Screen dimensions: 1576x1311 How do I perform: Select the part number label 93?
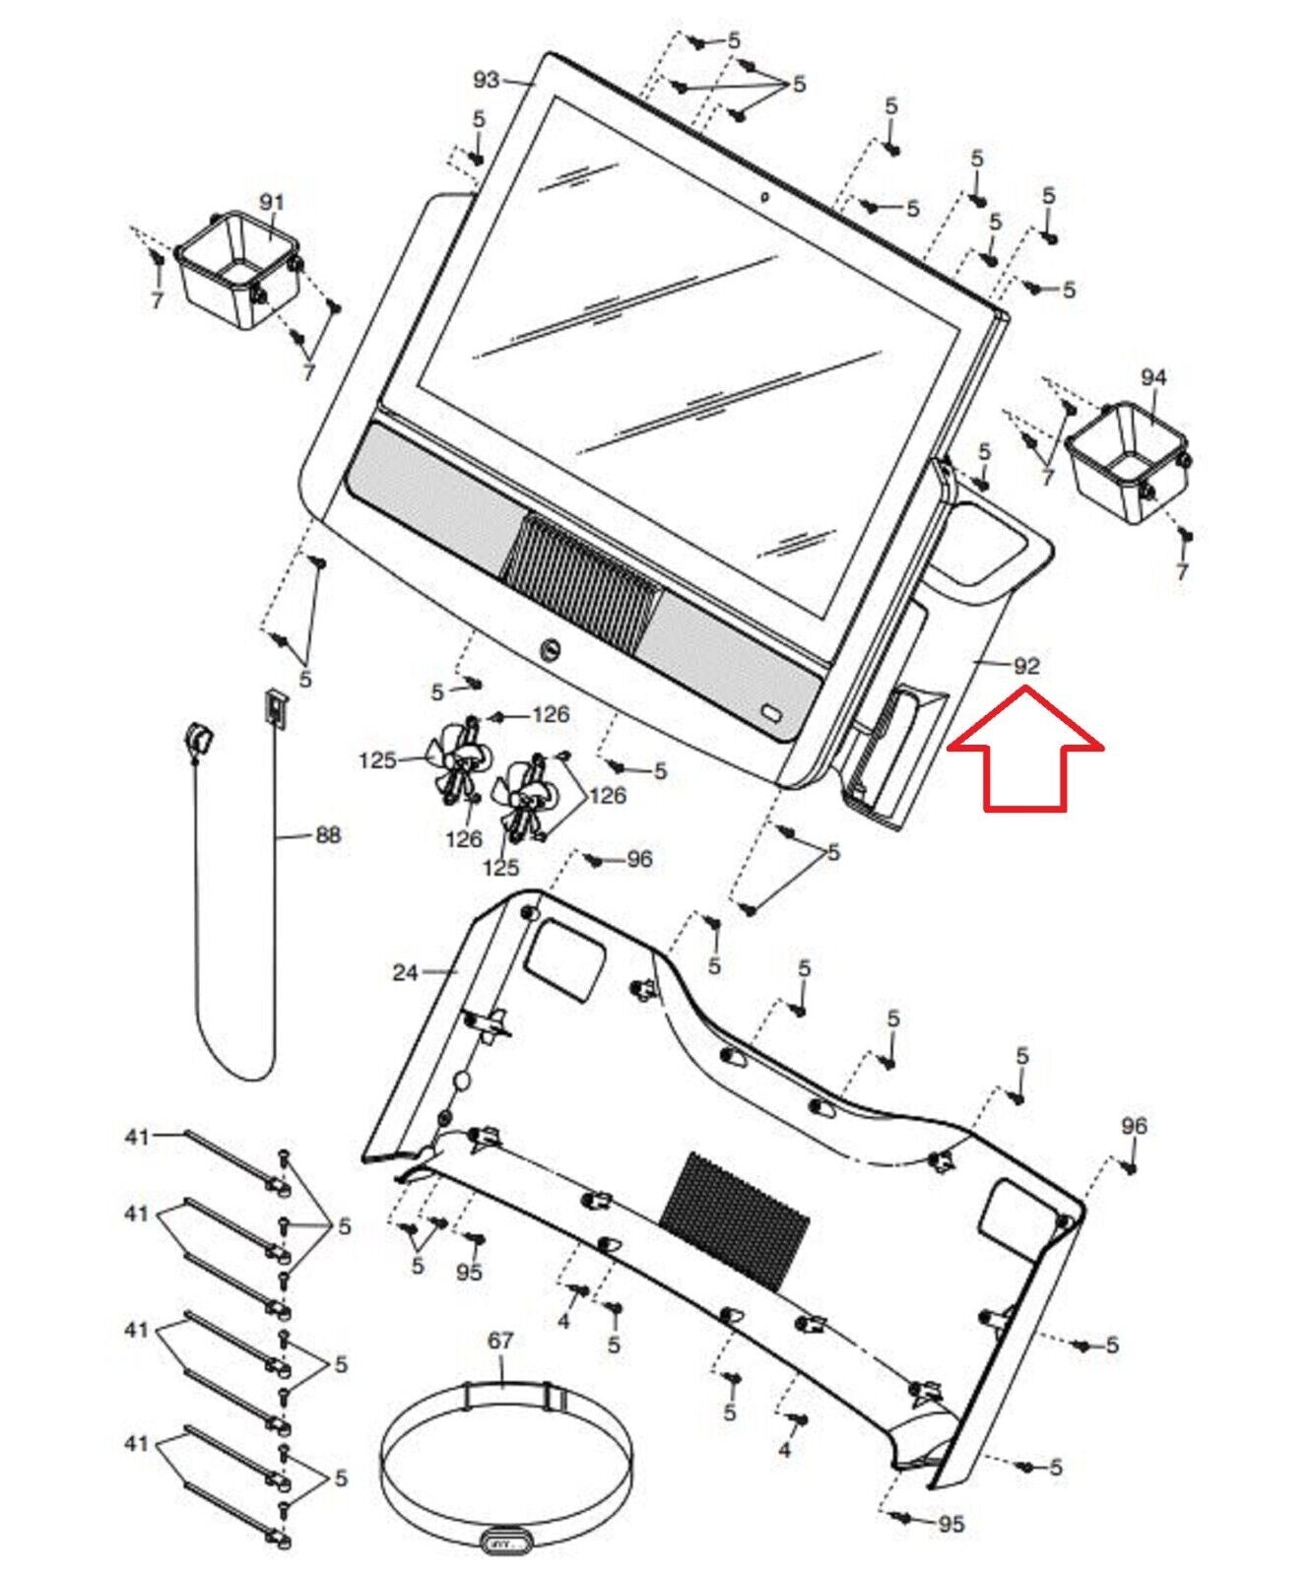point(487,80)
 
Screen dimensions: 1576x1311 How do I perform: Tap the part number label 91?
point(271,201)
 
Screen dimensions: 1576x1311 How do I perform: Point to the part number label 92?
point(1026,666)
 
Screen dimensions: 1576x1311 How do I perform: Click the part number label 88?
point(327,835)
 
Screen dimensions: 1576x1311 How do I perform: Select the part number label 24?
point(405,972)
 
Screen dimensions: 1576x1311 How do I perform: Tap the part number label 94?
point(1153,377)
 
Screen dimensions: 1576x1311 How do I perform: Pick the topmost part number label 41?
point(137,1137)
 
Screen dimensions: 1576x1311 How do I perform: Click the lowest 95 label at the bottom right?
point(950,1525)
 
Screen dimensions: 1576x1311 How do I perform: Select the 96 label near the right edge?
point(1134,1126)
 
